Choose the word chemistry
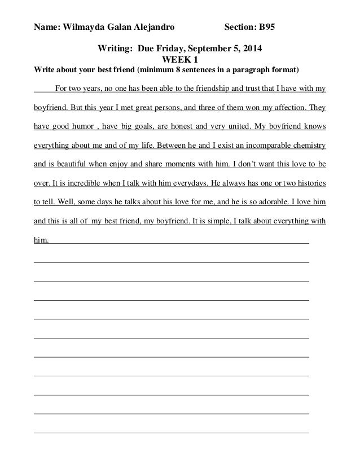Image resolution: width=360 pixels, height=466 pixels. click(305, 144)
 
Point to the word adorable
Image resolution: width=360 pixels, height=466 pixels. click(271, 201)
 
